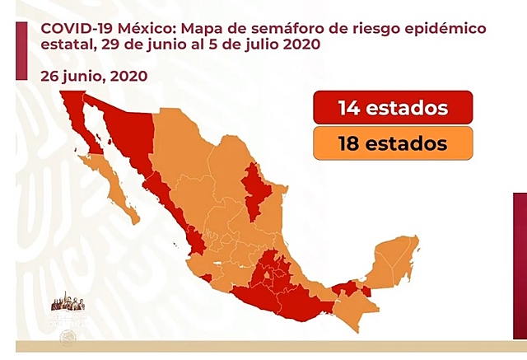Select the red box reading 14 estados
[392, 108]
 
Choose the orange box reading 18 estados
[392, 143]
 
